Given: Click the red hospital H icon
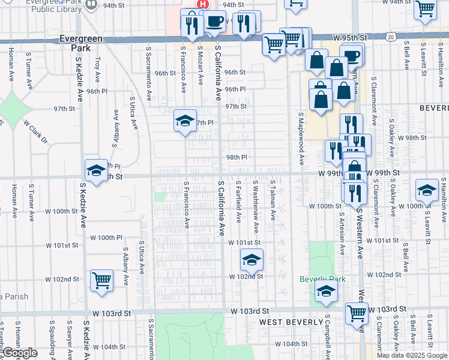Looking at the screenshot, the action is tap(203, 4).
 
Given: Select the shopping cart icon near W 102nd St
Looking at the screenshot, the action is tap(101, 280).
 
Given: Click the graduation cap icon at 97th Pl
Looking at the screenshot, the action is tap(185, 121).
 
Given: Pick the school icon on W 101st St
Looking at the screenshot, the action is tap(252, 260).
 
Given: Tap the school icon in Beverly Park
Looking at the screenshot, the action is tap(326, 292).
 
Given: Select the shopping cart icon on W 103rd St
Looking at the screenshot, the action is tap(357, 312).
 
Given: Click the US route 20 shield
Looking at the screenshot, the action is tap(391, 37).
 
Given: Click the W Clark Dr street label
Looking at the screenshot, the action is tap(35, 131).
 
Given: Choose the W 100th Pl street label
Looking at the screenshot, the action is tap(106, 238).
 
